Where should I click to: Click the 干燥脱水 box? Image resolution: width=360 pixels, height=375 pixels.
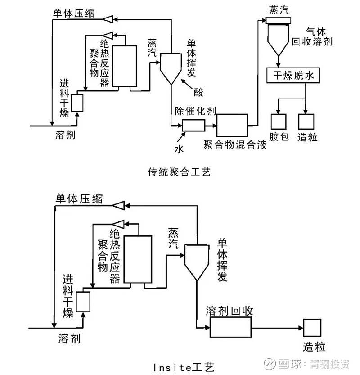pyautogui.click(x=293, y=76)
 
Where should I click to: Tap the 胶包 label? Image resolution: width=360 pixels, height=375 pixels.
pyautogui.click(x=279, y=137)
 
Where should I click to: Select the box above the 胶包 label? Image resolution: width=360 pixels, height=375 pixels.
pyautogui.click(x=279, y=121)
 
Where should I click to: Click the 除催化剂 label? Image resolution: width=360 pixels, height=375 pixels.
pyautogui.click(x=194, y=111)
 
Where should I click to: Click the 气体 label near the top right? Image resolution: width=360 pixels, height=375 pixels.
pyautogui.click(x=316, y=31)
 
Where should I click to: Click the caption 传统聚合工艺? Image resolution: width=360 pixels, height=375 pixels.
pyautogui.click(x=179, y=172)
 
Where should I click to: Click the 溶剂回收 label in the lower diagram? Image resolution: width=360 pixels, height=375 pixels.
pyautogui.click(x=229, y=311)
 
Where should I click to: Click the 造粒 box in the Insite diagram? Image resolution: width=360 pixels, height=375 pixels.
pyautogui.click(x=312, y=327)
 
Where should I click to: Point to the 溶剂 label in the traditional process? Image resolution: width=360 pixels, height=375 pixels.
pyautogui.click(x=65, y=134)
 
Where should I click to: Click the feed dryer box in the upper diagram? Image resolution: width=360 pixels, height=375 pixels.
pyautogui.click(x=77, y=103)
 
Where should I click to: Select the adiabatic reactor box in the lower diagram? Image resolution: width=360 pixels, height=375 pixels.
pyautogui.click(x=137, y=259)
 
